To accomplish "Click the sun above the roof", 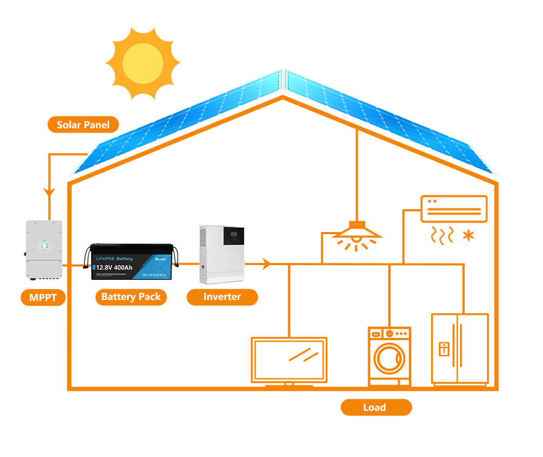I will [x=142, y=64].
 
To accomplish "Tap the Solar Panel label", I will [x=83, y=125].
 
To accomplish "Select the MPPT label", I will [x=43, y=297].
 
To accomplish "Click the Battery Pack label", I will [x=131, y=297].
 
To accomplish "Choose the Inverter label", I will [x=222, y=297].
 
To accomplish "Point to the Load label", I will [x=375, y=407].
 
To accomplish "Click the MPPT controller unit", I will [x=44, y=251].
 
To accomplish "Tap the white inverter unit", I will [x=222, y=255].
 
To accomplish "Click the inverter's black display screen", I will [x=235, y=237].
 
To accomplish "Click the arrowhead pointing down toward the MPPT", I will [x=49, y=193].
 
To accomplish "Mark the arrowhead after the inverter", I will [x=266, y=265].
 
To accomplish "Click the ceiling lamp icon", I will [x=357, y=234].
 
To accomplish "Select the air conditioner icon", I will [x=453, y=209].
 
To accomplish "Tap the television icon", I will [x=289, y=359].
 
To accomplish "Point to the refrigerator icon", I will [x=459, y=349].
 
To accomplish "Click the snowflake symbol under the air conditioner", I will [x=467, y=235].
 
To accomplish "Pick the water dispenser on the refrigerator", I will [x=444, y=348].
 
